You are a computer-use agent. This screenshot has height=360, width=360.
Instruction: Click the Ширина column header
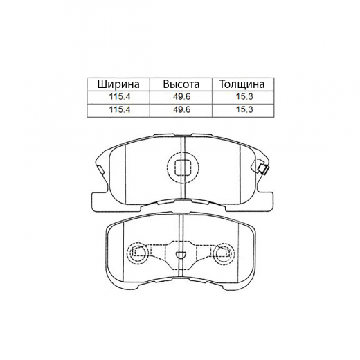120,84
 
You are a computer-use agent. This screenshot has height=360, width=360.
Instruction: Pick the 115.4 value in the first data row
120,98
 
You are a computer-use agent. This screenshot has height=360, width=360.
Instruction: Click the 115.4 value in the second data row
120,110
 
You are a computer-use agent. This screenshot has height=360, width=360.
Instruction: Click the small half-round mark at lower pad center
180,253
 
